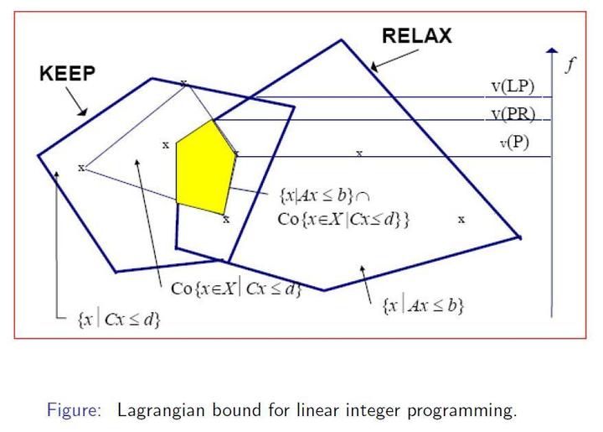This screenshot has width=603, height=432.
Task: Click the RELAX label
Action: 416,35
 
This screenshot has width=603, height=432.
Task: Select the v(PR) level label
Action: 513,113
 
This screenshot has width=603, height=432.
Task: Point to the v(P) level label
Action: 515,142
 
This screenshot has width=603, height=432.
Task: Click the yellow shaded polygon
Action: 204,166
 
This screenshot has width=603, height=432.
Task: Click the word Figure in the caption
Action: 73,411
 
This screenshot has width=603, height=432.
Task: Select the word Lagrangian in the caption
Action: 159,411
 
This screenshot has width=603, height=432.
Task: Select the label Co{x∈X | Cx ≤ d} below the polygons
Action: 235,289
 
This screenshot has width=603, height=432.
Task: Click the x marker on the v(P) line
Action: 359,154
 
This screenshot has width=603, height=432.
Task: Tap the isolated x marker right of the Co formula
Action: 461,219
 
